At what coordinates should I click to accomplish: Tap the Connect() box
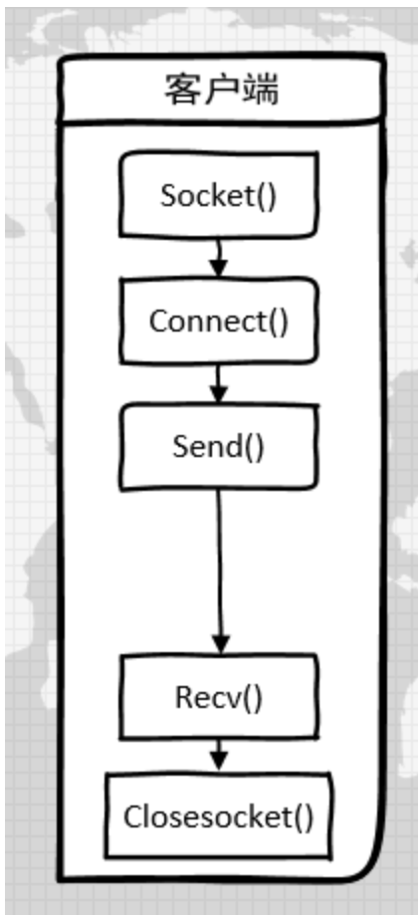[x=219, y=321]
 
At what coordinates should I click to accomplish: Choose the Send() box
[x=219, y=445]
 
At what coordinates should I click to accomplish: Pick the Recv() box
[x=219, y=697]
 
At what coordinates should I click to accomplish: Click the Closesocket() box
[x=219, y=817]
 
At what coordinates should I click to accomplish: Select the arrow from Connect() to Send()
[x=219, y=382]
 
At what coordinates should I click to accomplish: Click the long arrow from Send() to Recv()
[x=220, y=568]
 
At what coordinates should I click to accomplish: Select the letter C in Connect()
[x=158, y=321]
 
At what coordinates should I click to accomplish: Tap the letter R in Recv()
[x=184, y=697]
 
